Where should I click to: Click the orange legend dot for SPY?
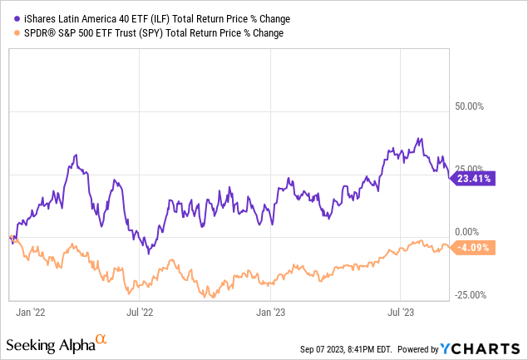click(x=8, y=33)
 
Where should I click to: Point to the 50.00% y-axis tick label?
click(x=466, y=106)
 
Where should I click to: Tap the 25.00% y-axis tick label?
click(x=466, y=169)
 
